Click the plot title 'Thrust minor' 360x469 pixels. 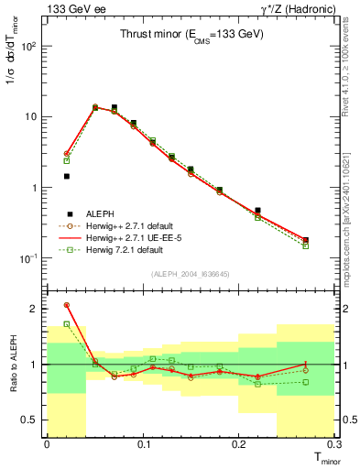(x=191, y=34)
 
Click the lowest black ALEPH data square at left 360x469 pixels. (x=67, y=176)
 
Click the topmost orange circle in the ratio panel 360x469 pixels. (x=67, y=305)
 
